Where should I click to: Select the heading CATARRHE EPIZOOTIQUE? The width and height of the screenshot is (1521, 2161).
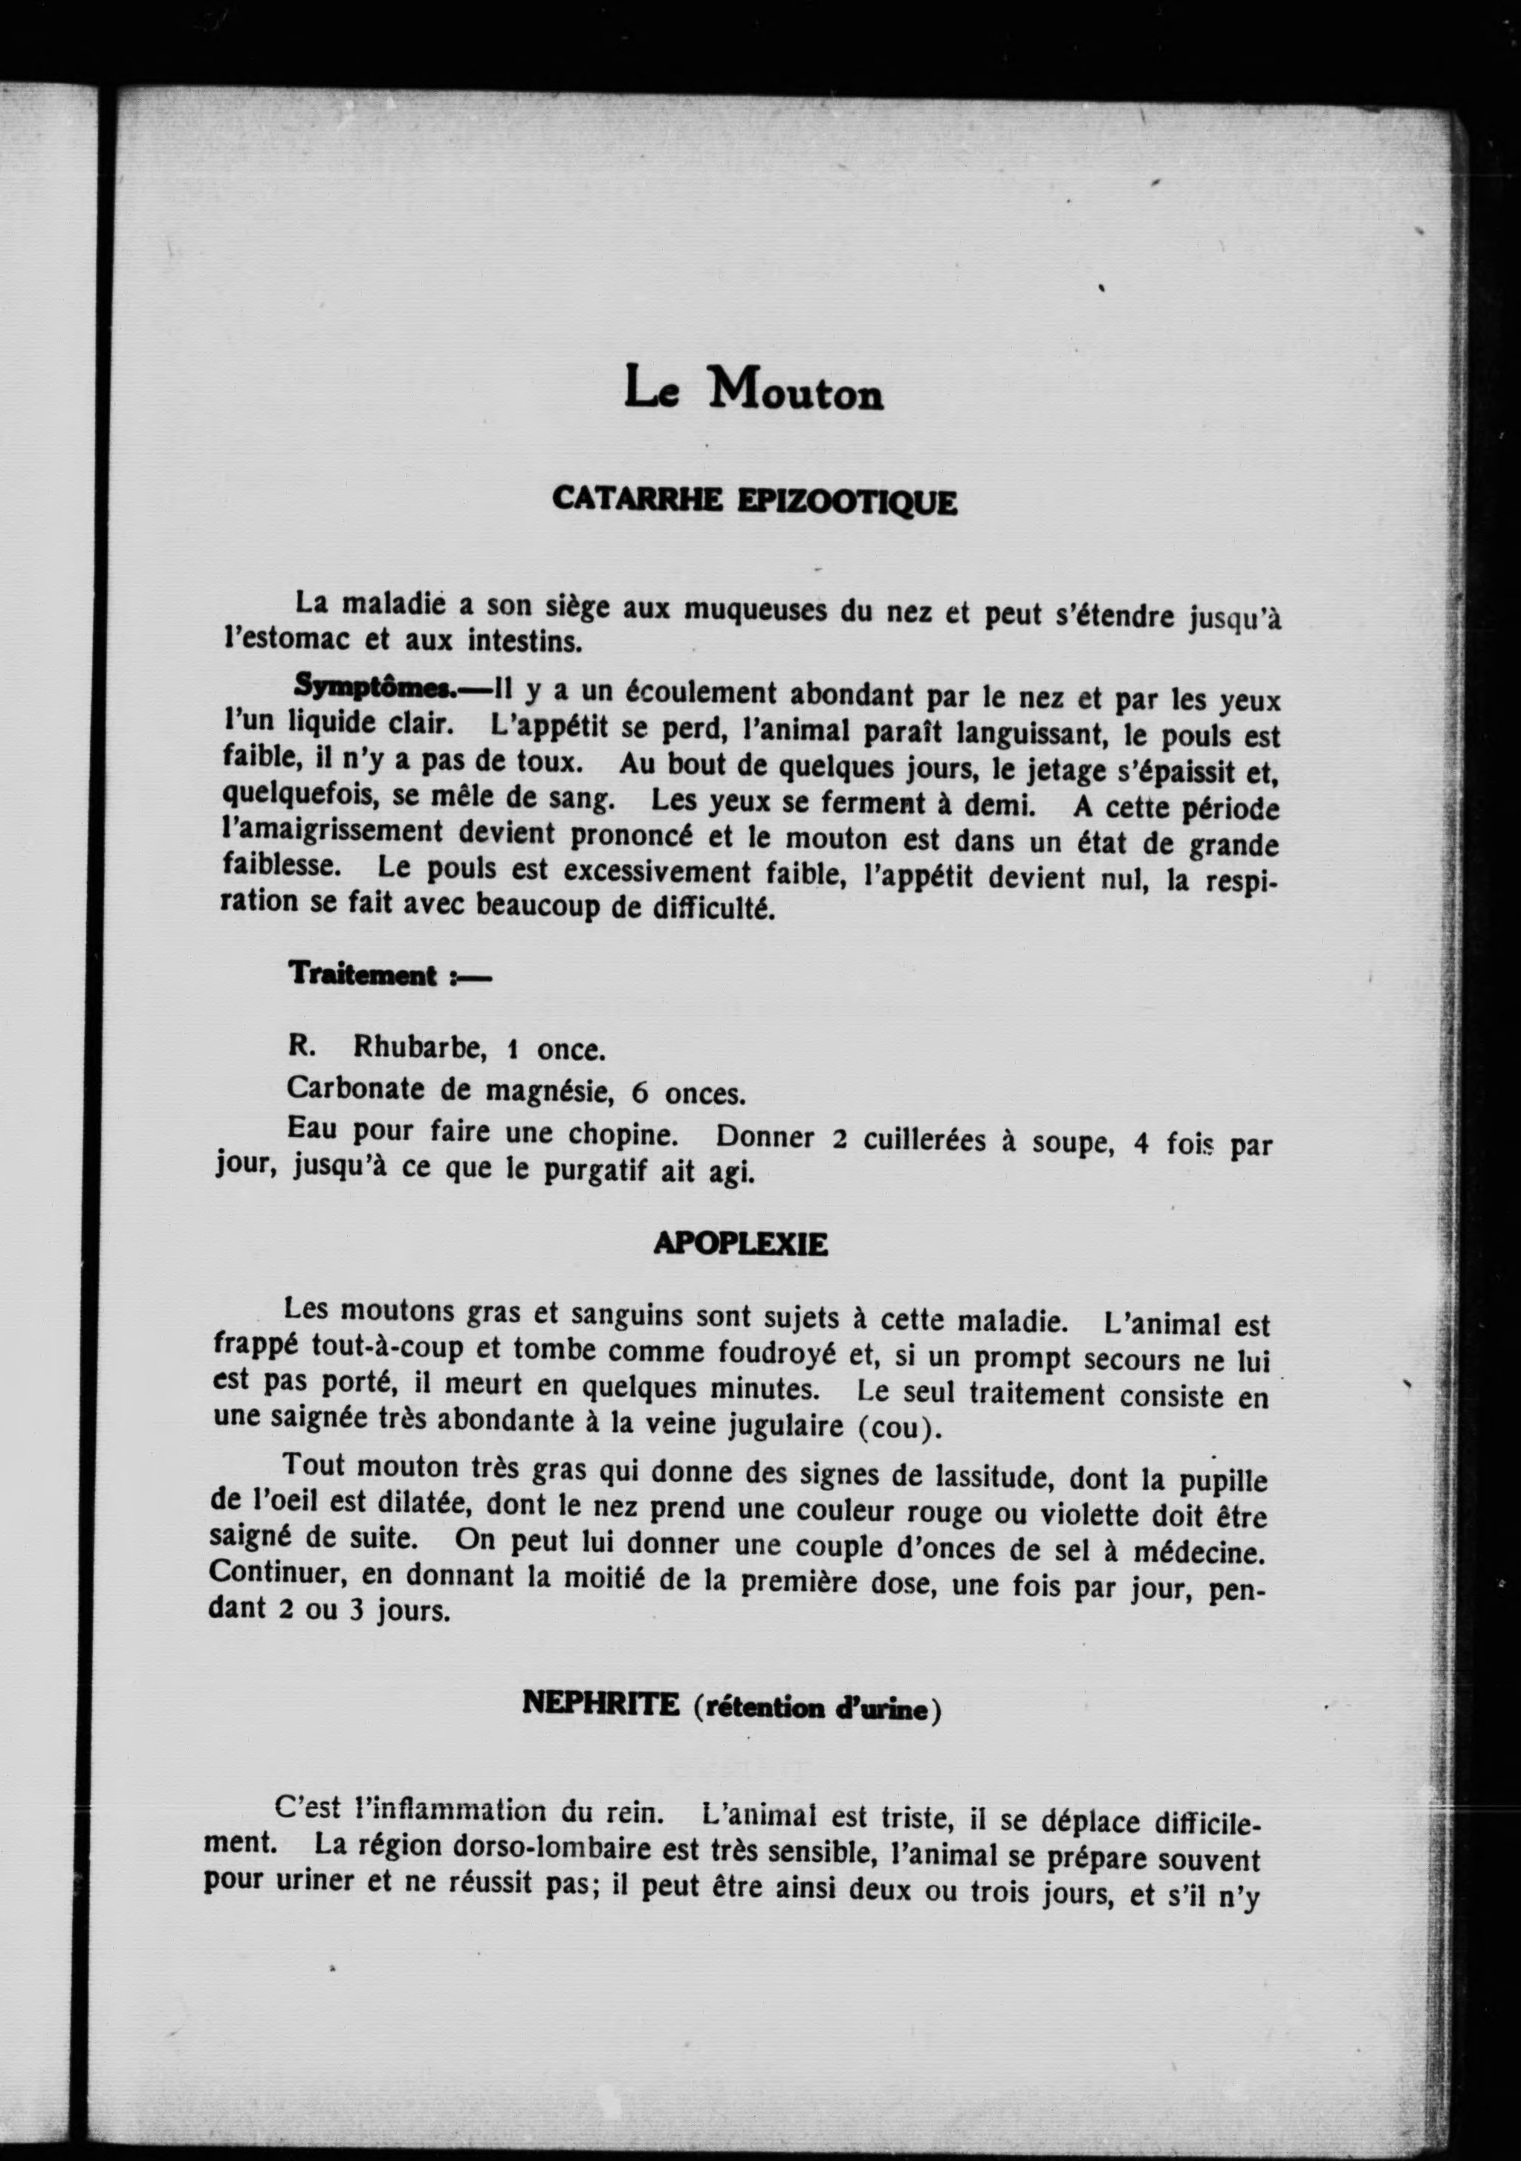pyautogui.click(x=754, y=500)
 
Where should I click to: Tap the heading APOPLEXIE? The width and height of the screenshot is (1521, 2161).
pyautogui.click(x=740, y=1244)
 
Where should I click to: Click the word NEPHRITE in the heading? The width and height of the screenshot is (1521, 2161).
pyautogui.click(x=600, y=1703)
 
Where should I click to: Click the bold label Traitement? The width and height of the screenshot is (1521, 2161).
pyautogui.click(x=363, y=974)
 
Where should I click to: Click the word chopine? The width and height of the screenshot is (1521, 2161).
pyautogui.click(x=622, y=1134)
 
